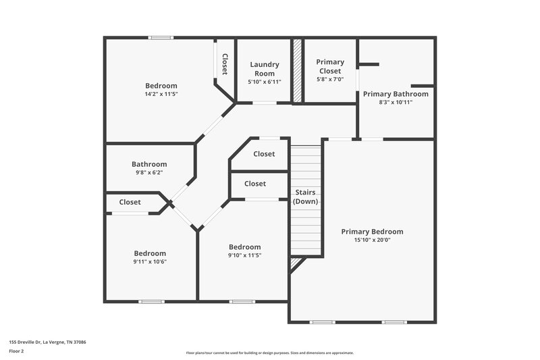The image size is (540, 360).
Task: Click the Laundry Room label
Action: coord(264,69)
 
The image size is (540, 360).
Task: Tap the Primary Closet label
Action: coord(330,66)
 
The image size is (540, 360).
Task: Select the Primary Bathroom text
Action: coord(396,94)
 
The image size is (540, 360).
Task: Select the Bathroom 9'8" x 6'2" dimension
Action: coord(148,172)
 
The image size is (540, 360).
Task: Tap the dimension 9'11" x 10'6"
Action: coord(149,261)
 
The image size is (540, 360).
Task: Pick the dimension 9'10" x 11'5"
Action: coord(244,255)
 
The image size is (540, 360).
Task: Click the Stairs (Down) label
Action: coord(305,197)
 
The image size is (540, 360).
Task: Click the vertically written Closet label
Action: coord(225,64)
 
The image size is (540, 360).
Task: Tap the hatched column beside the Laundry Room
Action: coord(296,71)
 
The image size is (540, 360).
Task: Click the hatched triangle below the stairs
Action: coord(295,263)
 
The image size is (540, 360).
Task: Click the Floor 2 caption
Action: coord(16,351)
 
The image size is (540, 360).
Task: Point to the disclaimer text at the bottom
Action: coord(269,353)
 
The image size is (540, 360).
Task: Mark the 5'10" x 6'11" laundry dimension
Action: coord(264,82)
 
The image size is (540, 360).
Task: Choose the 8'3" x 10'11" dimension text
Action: coord(396,102)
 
